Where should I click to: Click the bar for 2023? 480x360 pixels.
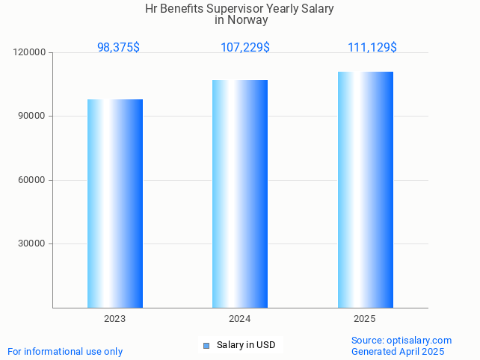pos(115,203)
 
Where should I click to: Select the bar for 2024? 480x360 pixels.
pos(240,193)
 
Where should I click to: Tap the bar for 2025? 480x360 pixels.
pos(365,190)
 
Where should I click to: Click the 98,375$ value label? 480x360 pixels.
pos(118,48)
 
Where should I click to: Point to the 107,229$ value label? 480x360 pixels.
pos(245,48)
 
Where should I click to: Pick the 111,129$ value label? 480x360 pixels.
pos(372,48)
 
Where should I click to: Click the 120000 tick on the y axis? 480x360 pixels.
pos(30,53)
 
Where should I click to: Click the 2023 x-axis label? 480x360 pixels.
pos(115,319)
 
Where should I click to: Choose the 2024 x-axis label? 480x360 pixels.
pos(240,319)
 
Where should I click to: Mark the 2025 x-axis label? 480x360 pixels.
pos(365,319)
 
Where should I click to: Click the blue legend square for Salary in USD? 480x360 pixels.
pos(206,345)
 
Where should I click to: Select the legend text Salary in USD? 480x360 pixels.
pos(246,345)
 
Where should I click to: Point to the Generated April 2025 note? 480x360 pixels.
pos(398,352)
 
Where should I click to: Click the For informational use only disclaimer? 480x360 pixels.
pos(65,352)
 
